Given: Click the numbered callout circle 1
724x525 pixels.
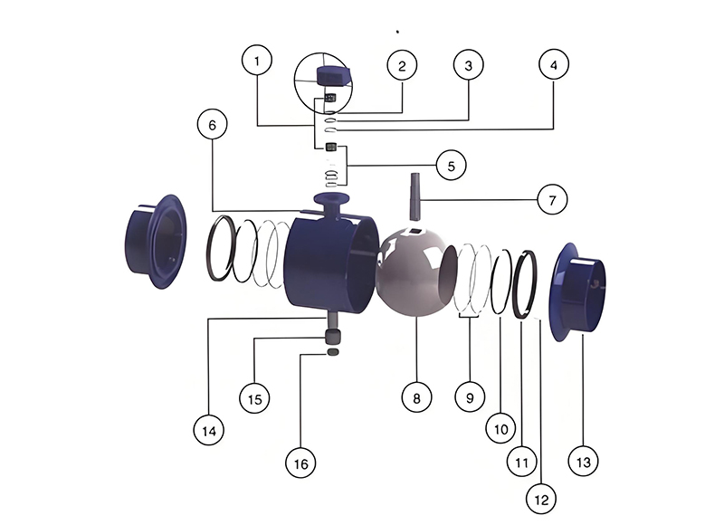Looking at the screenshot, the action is click(x=257, y=60).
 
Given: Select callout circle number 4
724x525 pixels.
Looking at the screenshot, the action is click(x=554, y=64).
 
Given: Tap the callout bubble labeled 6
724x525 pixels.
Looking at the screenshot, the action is click(x=213, y=125).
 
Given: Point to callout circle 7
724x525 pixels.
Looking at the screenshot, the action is click(x=552, y=200).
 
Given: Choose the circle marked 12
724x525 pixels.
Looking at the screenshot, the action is click(x=541, y=499).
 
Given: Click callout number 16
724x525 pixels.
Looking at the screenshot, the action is click(x=300, y=463).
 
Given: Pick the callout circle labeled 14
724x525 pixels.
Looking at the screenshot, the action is click(x=209, y=431).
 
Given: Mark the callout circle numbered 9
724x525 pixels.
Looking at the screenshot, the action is click(x=470, y=397).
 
